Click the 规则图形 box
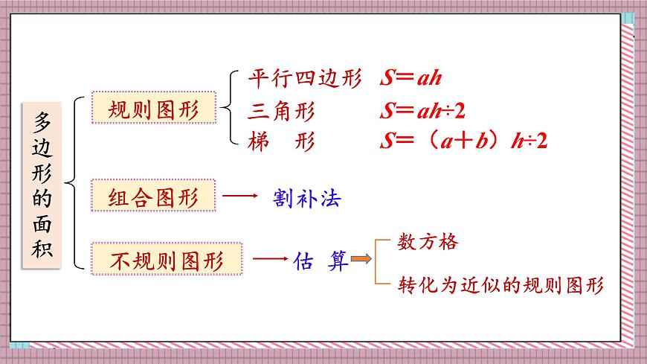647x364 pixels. click(x=154, y=110)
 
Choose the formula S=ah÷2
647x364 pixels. click(x=422, y=112)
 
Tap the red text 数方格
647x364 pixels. click(x=428, y=242)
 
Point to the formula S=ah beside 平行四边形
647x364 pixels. click(x=411, y=79)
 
